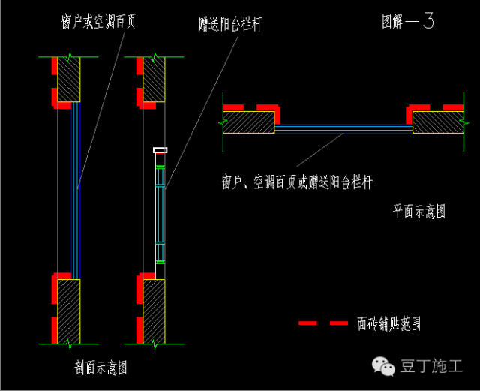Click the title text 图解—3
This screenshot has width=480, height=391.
407,22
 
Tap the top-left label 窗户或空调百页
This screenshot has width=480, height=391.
98,21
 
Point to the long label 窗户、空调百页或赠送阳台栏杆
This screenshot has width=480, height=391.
297,182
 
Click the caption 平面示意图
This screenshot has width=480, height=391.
419,212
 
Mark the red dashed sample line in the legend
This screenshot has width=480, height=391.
322,323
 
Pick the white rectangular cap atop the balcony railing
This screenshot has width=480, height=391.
160,150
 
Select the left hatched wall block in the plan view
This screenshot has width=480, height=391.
248,122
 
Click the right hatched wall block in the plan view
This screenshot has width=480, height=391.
437,122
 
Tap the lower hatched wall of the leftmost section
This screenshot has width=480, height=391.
69,309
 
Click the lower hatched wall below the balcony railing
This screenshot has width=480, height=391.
154,309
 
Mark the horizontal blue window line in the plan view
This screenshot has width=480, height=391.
343,129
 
